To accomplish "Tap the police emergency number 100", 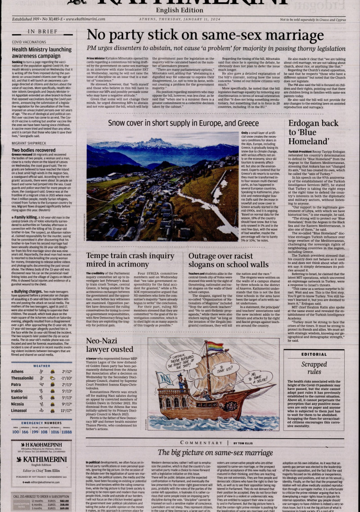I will coord(16,431).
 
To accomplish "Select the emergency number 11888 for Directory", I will coord(67,431).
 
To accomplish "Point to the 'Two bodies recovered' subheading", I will coord(33,150).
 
